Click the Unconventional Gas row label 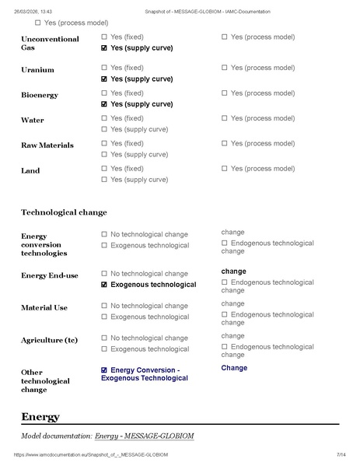click(50, 43)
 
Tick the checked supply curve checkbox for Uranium click(105, 79)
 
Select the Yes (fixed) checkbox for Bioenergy click(105, 93)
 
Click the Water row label click(33, 121)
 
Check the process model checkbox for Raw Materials click(225, 144)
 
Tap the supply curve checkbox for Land click(105, 180)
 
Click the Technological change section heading click(64, 212)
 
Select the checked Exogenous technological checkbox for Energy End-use click(105, 285)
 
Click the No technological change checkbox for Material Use click(105, 307)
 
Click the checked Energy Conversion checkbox click(105, 370)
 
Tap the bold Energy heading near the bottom click(40, 417)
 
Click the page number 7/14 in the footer click(341, 454)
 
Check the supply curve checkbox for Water click(105, 129)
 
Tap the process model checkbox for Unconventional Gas click(225, 37)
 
